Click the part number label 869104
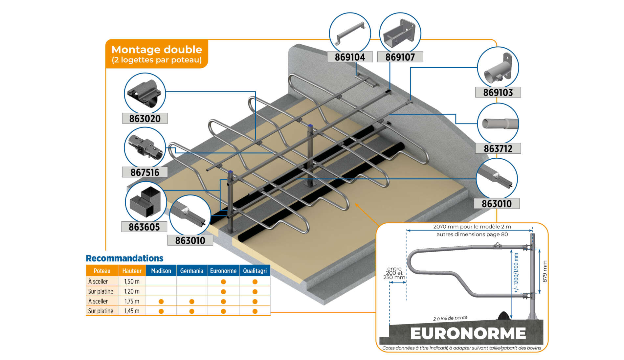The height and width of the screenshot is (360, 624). (350, 57)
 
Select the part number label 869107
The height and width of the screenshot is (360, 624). (400, 57)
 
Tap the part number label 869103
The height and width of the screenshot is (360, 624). (498, 92)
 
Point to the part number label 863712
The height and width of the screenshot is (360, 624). (498, 148)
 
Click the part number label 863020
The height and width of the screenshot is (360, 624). (145, 118)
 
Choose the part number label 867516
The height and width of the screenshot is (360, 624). (145, 172)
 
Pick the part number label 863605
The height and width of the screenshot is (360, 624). (144, 227)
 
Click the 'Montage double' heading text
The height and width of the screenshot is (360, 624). (157, 50)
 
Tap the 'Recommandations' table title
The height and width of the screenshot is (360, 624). (124, 258)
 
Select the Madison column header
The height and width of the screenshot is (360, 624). (161, 271)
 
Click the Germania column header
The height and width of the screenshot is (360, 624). (192, 271)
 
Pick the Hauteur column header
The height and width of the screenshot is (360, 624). (132, 271)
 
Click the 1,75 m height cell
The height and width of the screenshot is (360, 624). (132, 301)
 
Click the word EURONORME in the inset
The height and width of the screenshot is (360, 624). (468, 333)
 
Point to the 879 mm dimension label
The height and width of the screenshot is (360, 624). (545, 271)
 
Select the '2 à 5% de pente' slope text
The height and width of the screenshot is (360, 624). (450, 318)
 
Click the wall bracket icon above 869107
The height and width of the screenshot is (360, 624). (400, 34)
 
